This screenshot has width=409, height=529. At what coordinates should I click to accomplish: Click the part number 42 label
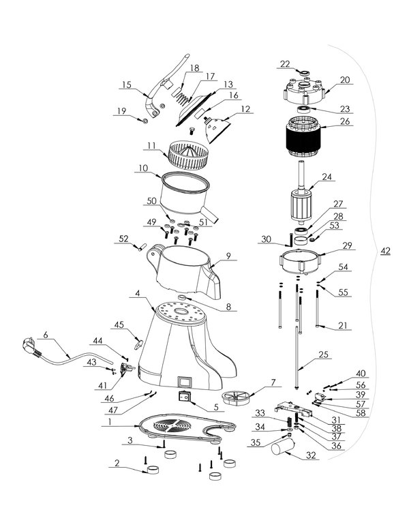click(386, 252)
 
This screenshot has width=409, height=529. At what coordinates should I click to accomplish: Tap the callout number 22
click(284, 64)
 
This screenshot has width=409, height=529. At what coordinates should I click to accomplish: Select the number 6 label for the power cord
click(46, 334)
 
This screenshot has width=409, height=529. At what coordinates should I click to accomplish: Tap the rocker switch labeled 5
click(184, 397)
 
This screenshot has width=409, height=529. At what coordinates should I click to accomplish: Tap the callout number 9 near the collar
click(228, 256)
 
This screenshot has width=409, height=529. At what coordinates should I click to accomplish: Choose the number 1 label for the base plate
click(109, 424)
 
